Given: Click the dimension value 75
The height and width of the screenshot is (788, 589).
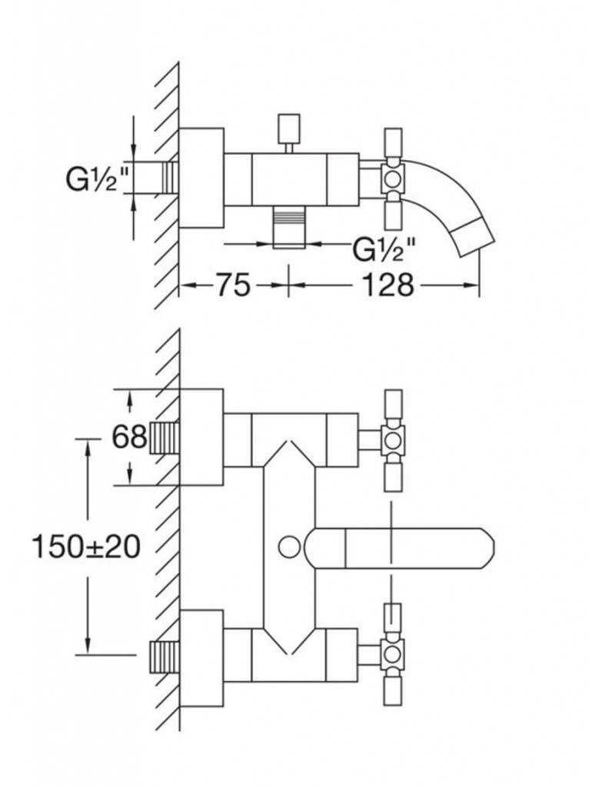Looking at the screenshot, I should click(x=232, y=285).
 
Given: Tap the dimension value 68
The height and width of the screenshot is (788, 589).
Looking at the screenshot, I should click(x=129, y=437).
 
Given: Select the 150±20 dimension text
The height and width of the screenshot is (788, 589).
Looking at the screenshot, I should click(x=85, y=547).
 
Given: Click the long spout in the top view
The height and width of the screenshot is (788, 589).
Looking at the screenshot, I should click(x=400, y=548).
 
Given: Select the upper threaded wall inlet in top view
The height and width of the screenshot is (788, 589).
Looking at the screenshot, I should click(x=163, y=438).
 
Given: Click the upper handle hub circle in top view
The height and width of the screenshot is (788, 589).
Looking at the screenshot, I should click(x=392, y=439).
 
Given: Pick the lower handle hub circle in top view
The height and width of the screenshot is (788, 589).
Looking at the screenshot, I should click(x=392, y=654).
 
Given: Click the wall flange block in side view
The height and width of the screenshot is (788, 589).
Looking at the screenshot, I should click(x=201, y=179).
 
